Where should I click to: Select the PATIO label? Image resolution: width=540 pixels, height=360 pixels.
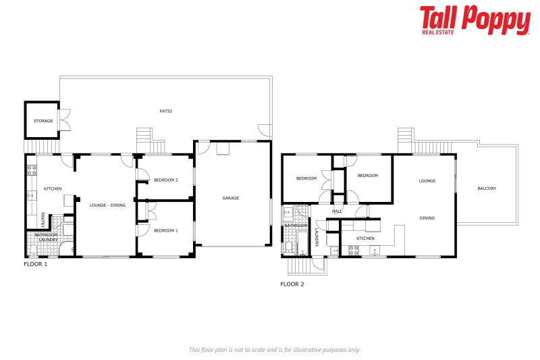click(165, 111)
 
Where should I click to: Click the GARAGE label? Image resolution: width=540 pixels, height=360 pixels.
click(231, 198)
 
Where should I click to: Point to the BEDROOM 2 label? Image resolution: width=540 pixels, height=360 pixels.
click(165, 180)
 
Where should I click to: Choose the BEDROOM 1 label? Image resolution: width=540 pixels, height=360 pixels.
click(165, 231)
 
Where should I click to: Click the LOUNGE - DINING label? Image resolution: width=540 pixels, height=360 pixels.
click(108, 205)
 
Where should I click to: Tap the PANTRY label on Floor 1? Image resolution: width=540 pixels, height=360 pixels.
click(43, 220)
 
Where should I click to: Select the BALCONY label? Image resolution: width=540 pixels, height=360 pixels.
click(486, 188)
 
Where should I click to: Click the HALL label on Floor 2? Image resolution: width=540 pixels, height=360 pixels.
click(337, 211)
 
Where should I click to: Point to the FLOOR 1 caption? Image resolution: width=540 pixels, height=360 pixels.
click(36, 264)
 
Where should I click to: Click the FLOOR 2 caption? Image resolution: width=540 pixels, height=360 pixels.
click(292, 284)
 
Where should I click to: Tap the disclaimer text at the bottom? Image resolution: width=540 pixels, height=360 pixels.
click(274, 349)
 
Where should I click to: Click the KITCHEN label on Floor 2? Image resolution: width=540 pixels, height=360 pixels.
click(365, 238)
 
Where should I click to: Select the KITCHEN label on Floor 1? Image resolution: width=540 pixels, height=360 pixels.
click(53, 188)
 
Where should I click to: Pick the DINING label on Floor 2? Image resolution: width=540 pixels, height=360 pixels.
click(427, 218)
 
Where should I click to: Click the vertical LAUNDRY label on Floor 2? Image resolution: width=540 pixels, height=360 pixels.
click(316, 236)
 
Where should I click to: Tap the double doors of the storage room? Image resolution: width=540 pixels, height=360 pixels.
click(64, 120)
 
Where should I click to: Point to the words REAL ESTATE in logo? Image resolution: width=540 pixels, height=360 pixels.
click(437, 31)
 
